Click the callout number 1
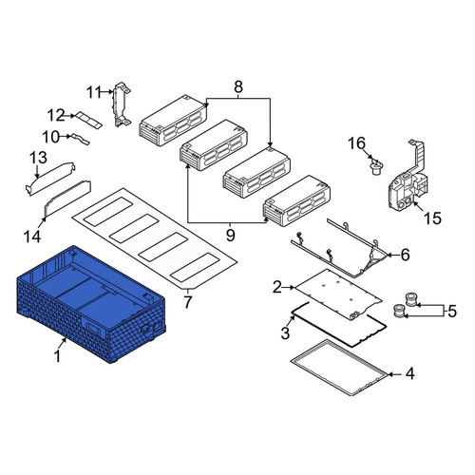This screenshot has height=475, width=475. click(57, 356)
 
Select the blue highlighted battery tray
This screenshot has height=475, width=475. click(91, 305)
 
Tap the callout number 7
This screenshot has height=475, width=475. click(188, 302)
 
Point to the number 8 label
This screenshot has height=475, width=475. click(238, 86)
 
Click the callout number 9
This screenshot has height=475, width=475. click(230, 236)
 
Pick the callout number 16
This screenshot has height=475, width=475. click(357, 143)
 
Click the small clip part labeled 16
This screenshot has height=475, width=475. click(376, 167)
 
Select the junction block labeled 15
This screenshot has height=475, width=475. click(408, 180)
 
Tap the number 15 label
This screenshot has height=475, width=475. click(432, 218)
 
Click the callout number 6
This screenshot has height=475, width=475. click(405, 255)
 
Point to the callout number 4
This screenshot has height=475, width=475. click(409, 374)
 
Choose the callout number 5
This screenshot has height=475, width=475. click(452, 312)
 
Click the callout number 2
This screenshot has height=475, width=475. click(277, 287)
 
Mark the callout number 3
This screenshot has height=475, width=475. click(285, 332)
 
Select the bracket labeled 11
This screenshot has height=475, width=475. click(121, 104)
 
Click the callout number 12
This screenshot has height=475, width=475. click(56, 116)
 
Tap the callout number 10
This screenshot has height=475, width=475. click(50, 137)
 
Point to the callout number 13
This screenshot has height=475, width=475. click(39, 158)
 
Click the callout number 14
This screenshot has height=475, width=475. click(32, 237)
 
